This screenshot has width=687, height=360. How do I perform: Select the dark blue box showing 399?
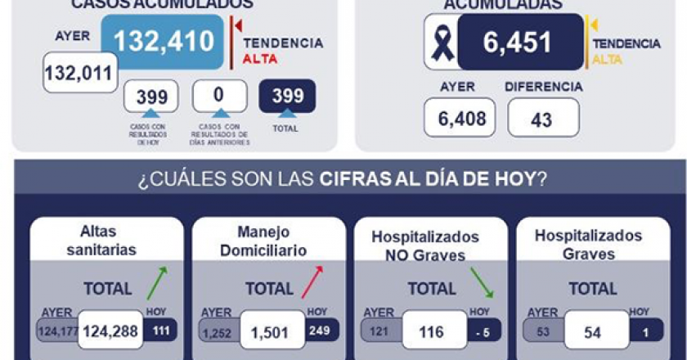pos(286,96)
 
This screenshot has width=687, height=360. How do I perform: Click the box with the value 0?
pos(219,96)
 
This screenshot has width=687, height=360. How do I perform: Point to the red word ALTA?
pos(261,59)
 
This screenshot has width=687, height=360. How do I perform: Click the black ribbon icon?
pos(442,43)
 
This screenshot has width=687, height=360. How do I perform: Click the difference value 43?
pos(542,119)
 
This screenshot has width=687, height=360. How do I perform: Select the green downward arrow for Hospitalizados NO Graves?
pos(481,281)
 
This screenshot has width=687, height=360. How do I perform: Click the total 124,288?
pos(110,331)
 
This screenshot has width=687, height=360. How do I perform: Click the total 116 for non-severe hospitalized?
pos(432,331)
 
